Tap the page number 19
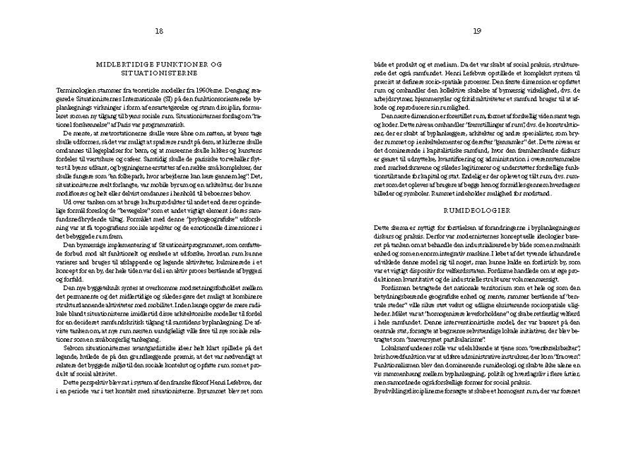coord(477,30)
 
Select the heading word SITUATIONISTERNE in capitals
coord(159,72)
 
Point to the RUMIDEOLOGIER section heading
coord(478,210)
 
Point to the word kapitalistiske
coord(443,139)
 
